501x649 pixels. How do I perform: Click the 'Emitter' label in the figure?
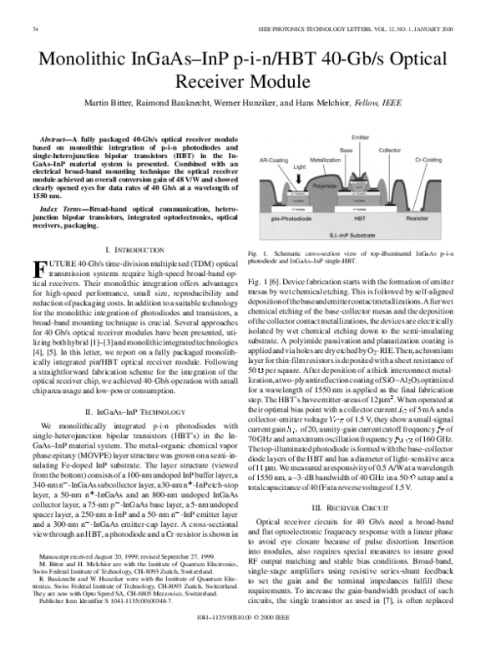point(361,137)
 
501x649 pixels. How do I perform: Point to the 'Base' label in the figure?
point(346,150)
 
